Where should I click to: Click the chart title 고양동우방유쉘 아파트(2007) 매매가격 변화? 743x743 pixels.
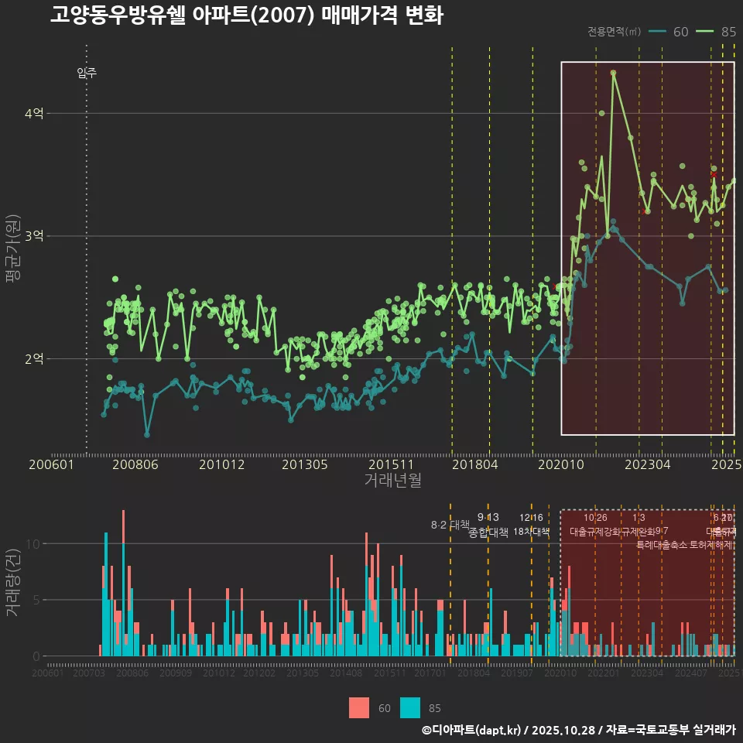pos(246,15)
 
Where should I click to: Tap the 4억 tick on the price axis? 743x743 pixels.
pos(33,114)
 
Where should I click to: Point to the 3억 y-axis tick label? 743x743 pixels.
pos(33,236)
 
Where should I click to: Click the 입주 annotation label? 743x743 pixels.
pos(87,74)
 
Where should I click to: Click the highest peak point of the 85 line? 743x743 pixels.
pos(613,73)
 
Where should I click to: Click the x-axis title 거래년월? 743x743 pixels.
pos(392,481)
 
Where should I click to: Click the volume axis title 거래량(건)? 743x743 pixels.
pos(12,583)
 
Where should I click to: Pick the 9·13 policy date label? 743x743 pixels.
pos(488,517)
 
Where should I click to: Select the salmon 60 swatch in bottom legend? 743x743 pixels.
pos(359,707)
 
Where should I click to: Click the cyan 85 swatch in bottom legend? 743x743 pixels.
pos(410,707)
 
